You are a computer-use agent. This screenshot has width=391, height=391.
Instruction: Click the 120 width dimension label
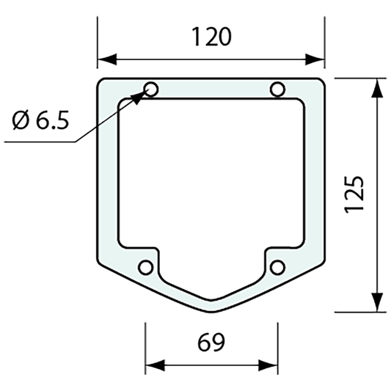(x=211, y=37)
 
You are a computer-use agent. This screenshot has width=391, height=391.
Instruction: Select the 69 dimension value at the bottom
(x=211, y=342)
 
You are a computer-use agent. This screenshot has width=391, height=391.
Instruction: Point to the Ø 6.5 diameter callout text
(x=41, y=120)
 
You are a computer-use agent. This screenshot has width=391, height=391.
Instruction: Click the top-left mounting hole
(x=151, y=89)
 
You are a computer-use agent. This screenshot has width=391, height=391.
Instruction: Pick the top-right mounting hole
(x=277, y=89)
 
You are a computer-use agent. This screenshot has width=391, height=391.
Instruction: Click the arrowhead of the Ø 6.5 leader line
(x=141, y=95)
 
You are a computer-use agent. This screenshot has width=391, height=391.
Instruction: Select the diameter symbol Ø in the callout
(x=21, y=120)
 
